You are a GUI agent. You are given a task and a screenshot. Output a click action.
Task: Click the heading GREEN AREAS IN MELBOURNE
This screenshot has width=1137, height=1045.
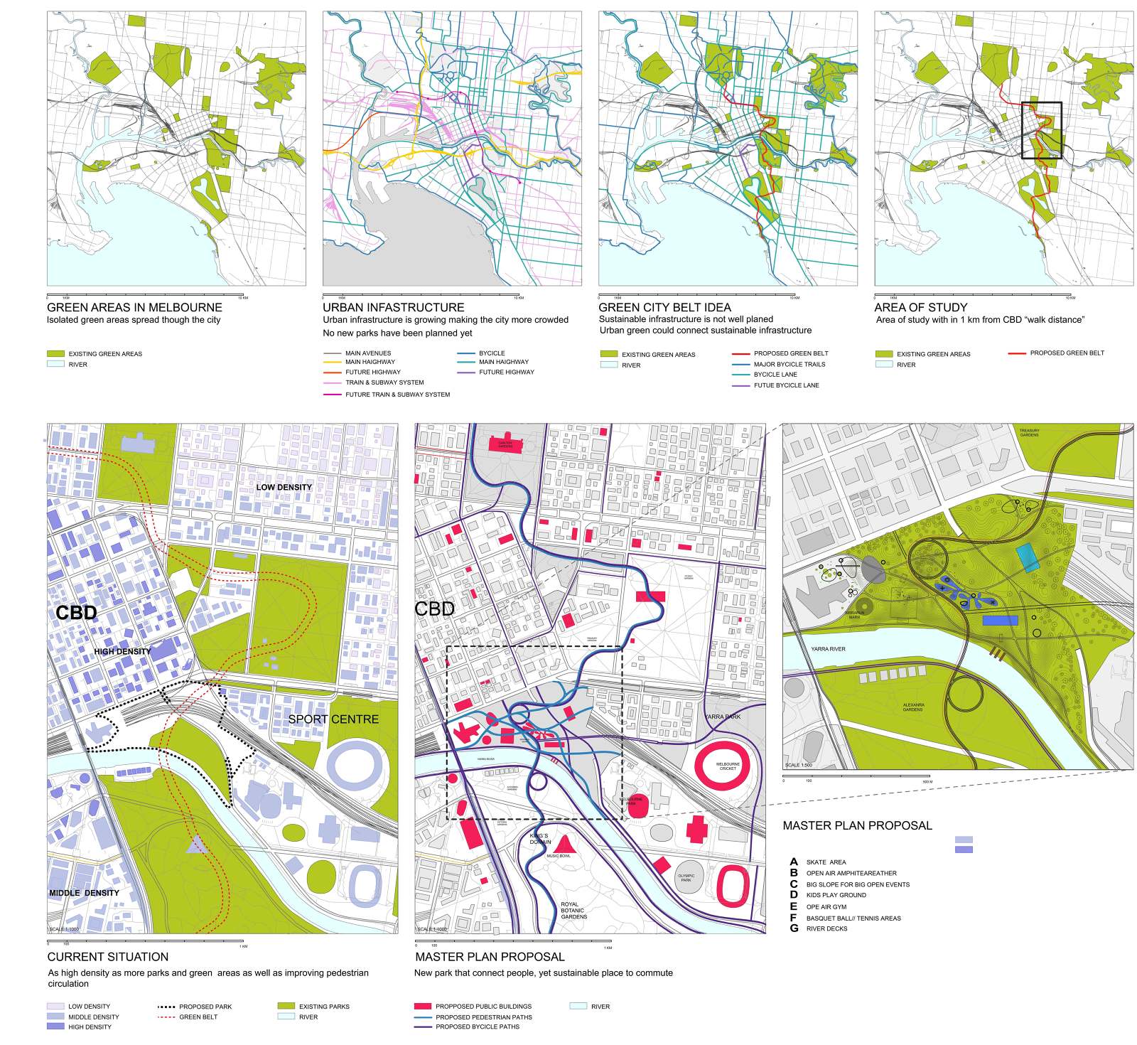[x=134, y=307]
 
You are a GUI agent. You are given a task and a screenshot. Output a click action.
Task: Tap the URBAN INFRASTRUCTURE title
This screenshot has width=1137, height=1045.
[x=393, y=307]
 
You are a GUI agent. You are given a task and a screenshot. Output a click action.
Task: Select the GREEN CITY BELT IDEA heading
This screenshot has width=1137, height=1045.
[x=664, y=307]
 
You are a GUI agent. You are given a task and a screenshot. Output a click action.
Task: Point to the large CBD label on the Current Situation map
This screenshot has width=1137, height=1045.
[x=76, y=612]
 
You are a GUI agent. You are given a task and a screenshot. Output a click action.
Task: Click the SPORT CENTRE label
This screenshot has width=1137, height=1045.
[x=333, y=719]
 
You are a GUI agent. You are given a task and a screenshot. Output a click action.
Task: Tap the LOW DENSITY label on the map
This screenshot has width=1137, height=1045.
[x=284, y=487]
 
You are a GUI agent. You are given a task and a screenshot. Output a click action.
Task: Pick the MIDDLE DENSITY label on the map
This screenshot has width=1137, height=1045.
[x=84, y=892]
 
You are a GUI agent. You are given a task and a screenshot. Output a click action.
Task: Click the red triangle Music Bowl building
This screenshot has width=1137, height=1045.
[x=564, y=844]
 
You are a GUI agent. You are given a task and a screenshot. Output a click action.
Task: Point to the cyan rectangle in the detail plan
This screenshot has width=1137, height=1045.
[x=1028, y=557]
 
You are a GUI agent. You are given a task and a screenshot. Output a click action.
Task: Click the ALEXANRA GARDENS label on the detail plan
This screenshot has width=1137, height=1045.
[x=913, y=707]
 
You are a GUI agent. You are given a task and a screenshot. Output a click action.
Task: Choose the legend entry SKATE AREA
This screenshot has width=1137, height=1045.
[x=826, y=862]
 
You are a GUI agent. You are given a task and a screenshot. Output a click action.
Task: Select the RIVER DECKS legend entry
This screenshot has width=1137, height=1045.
[x=826, y=928]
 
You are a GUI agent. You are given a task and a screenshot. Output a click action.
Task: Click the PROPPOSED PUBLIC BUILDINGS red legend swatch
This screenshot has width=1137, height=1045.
[x=423, y=1006]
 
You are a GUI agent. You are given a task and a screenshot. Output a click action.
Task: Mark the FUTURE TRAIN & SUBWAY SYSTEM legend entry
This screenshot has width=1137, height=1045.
[x=397, y=395]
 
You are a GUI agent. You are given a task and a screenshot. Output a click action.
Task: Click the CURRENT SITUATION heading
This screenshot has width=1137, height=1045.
[x=108, y=957]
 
